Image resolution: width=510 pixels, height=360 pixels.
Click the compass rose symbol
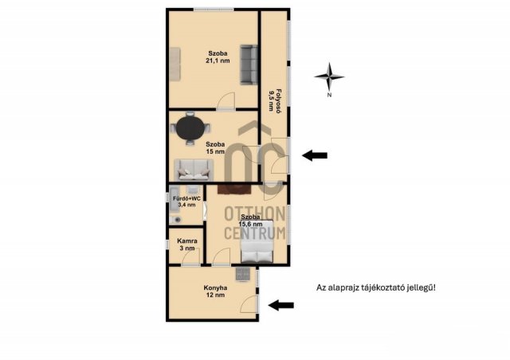point(329,77)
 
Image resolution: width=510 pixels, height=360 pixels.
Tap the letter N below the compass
point(329,96)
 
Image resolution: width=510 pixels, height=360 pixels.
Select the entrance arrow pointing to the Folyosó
point(315,155)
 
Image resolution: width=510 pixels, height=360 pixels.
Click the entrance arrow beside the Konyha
point(281,305)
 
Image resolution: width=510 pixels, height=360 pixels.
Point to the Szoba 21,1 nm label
point(218,57)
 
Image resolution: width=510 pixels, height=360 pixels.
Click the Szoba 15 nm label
point(215,147)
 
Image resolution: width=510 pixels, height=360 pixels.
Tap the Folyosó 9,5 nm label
point(274,100)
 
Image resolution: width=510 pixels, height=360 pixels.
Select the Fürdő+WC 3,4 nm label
point(186,202)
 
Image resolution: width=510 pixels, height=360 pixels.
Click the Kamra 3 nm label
point(187,245)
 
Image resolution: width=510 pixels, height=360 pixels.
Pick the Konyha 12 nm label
point(215,292)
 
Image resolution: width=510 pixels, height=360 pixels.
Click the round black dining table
point(190,127)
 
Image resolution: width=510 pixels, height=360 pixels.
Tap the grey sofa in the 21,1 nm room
point(249,65)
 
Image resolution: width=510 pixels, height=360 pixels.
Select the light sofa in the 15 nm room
point(194,170)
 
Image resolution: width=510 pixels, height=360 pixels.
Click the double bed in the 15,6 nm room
point(257,241)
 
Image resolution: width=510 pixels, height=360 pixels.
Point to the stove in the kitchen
point(243,275)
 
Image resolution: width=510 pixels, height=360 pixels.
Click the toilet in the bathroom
point(176,220)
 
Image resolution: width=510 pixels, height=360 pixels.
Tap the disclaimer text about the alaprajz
point(376,288)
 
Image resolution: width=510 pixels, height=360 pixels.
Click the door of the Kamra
point(191,259)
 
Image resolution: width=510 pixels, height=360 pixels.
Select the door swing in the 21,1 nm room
point(226,100)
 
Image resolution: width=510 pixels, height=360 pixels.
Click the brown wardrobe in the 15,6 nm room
point(234,190)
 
